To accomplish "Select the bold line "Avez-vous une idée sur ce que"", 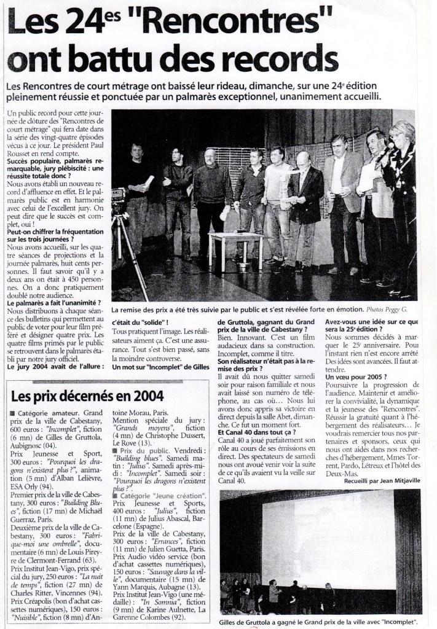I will tap(372, 321).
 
